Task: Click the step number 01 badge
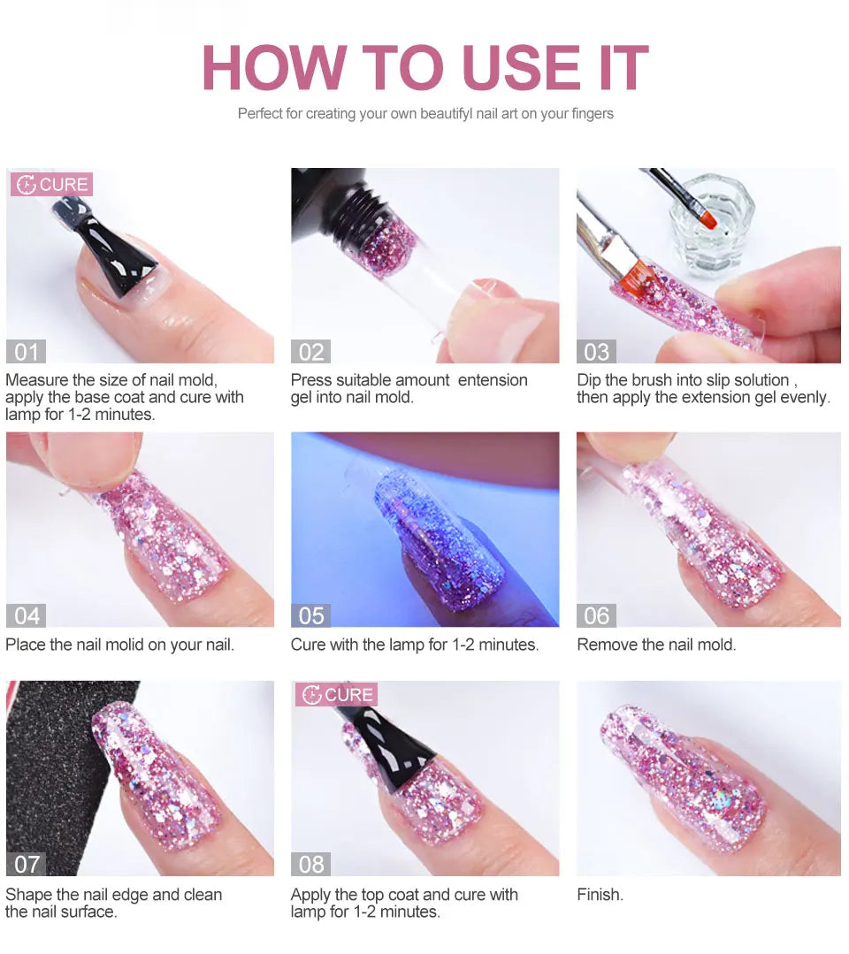(x=27, y=352)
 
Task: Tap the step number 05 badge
(x=311, y=615)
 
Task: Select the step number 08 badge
(x=311, y=864)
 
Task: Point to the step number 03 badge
(x=596, y=352)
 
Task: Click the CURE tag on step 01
(x=51, y=184)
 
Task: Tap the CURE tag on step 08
(x=337, y=694)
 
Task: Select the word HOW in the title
(x=274, y=67)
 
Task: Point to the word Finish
(x=600, y=895)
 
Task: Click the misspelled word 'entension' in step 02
(x=493, y=380)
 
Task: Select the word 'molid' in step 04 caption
(x=124, y=645)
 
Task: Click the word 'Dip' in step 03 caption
(x=588, y=381)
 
